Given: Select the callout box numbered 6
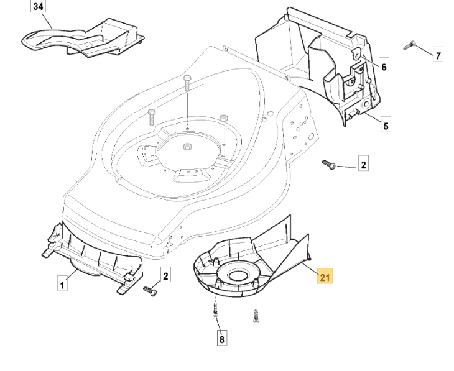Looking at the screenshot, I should point(384,66).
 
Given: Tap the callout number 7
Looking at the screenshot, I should point(438,56).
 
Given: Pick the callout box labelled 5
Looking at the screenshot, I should point(386,126).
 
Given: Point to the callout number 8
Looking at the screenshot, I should point(222,340).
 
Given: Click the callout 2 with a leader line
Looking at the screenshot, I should point(364,165).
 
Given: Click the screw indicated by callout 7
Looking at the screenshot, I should point(409,47).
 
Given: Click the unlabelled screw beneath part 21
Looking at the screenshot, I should point(255,316).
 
